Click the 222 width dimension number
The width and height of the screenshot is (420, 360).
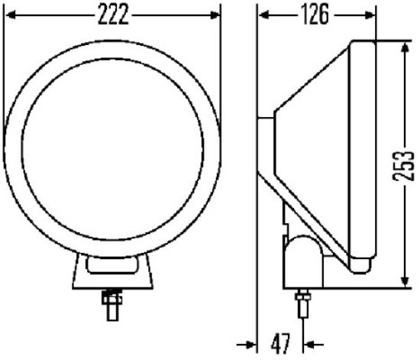[x=112, y=13]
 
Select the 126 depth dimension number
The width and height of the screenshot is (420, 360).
[x=315, y=13]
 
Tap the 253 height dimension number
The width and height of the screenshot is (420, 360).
[x=409, y=164]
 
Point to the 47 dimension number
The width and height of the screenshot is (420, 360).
[x=280, y=342]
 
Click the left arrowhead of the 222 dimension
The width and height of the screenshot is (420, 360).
[x=9, y=13]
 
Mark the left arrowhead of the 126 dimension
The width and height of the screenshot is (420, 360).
[x=261, y=13]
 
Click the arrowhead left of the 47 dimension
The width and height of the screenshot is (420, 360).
[x=250, y=342]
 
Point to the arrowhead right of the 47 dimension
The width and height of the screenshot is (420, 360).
[x=310, y=342]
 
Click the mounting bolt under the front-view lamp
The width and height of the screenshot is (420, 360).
[x=112, y=303]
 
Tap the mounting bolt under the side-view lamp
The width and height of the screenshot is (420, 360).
[x=303, y=304]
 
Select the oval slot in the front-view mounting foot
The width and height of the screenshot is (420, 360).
[x=113, y=265]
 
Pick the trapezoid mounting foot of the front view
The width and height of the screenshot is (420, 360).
[x=112, y=274]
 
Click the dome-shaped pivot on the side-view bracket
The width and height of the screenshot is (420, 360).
[x=304, y=256]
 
